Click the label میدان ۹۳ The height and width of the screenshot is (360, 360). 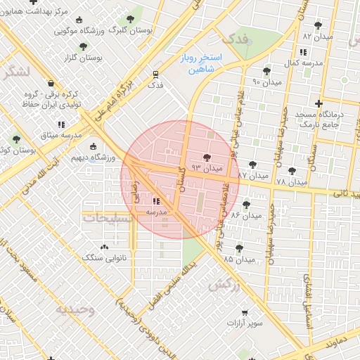click(x=207, y=169)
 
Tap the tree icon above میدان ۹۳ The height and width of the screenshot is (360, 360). click(x=207, y=158)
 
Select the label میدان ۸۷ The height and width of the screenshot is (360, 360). click(x=252, y=174)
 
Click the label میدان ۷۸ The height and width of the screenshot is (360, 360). click(x=291, y=181)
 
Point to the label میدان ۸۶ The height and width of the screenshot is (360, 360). click(x=246, y=214)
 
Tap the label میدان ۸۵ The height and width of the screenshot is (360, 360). click(x=238, y=259)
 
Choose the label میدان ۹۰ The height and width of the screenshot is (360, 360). click(x=266, y=82)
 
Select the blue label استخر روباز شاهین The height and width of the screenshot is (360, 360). click(x=201, y=61)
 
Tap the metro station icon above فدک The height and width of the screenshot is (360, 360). click(x=155, y=72)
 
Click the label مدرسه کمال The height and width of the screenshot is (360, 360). click(x=303, y=63)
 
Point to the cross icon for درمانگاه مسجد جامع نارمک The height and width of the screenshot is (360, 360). click(x=319, y=103)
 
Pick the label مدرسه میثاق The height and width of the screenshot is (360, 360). click(x=61, y=134)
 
